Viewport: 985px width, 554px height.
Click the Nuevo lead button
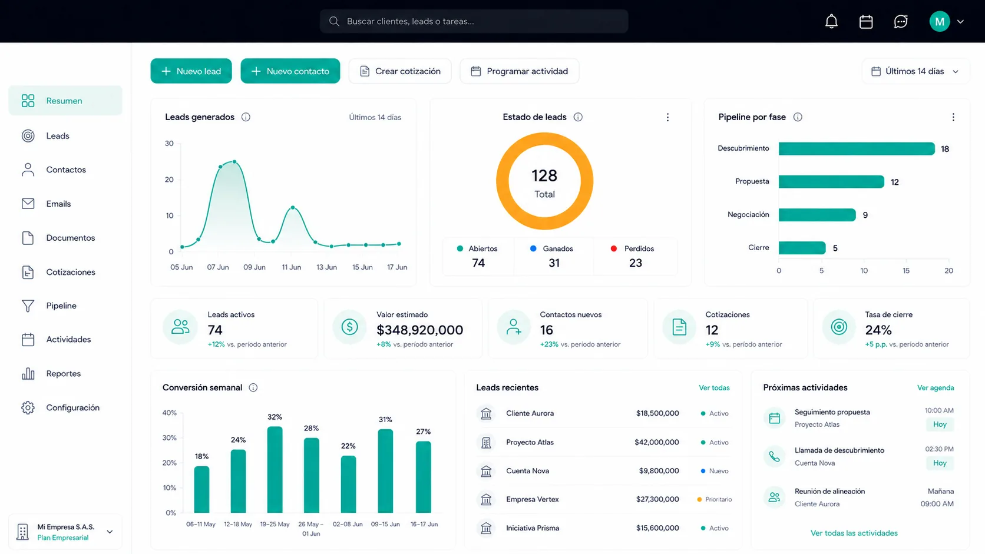(x=191, y=71)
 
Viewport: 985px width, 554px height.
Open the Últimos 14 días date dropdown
(x=915, y=71)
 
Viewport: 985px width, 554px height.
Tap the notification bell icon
(x=831, y=21)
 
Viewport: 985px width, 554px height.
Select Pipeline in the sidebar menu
(x=61, y=306)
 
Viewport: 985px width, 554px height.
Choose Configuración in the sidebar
(x=72, y=407)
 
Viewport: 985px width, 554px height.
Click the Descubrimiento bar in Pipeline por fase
(x=857, y=148)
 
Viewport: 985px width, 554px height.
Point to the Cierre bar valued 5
(x=802, y=248)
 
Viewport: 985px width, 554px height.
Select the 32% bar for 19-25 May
(x=275, y=469)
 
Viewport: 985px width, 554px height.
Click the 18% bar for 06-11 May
(x=202, y=489)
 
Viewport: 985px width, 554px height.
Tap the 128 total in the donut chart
(x=544, y=175)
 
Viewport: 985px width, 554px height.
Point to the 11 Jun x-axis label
(x=291, y=267)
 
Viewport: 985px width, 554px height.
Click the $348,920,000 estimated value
(x=419, y=330)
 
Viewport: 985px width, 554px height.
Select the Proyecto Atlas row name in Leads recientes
(x=530, y=442)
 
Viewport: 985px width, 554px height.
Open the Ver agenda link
(x=936, y=387)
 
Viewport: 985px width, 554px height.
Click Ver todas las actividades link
(x=854, y=533)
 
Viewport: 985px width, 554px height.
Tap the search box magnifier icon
(x=334, y=21)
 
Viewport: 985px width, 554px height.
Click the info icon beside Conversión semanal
(x=253, y=387)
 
